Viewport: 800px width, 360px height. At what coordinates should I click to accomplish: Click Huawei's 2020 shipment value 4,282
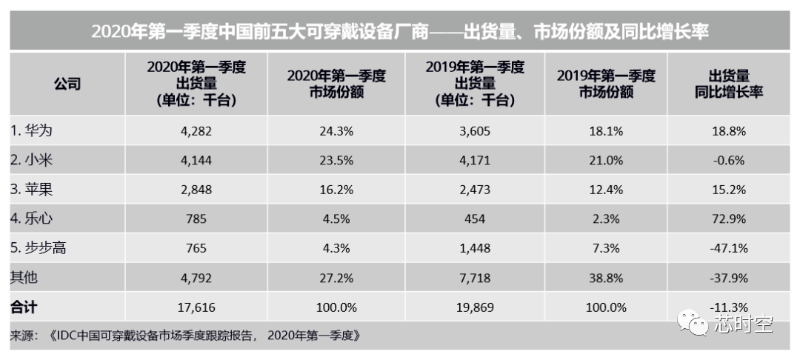click(196, 131)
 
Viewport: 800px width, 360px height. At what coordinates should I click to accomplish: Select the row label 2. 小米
click(32, 161)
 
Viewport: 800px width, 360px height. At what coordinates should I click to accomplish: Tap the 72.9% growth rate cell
click(729, 219)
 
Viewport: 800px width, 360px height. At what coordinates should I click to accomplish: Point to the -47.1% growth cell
click(729, 248)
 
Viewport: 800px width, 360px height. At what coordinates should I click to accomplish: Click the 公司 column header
click(67, 84)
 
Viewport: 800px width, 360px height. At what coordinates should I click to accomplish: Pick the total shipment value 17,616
click(196, 307)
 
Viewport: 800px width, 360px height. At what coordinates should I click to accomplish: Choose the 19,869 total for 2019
click(475, 307)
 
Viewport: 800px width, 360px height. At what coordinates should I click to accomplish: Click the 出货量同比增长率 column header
click(729, 84)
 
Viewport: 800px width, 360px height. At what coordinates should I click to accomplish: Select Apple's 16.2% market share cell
click(336, 190)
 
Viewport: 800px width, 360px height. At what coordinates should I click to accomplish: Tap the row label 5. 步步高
click(39, 248)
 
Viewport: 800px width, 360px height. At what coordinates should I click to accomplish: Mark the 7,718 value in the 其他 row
click(475, 278)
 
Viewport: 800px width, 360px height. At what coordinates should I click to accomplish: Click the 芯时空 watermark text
click(743, 323)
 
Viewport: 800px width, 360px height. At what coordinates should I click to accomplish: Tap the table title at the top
click(399, 32)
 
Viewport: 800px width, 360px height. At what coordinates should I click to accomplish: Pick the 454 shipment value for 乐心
click(475, 219)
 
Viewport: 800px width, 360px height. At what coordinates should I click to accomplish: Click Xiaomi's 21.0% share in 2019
click(606, 161)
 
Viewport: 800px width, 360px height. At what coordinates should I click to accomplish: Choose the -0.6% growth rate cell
click(729, 161)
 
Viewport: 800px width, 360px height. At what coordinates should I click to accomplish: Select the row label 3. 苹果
click(32, 190)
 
